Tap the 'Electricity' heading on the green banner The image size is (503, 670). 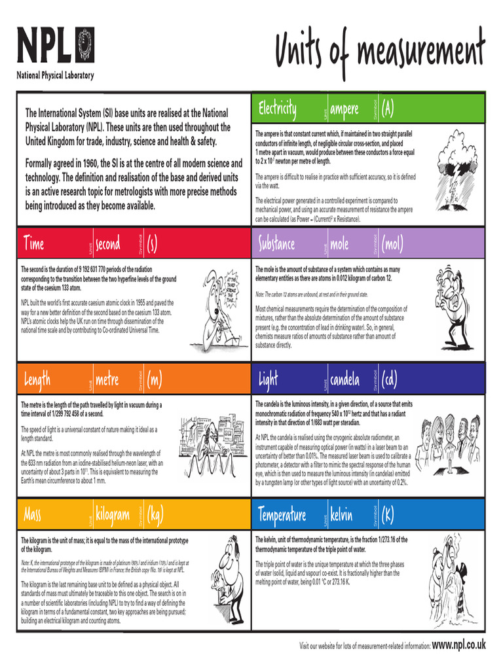click(x=277, y=108)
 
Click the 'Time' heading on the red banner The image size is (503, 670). click(x=33, y=244)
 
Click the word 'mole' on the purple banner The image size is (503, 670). click(x=339, y=244)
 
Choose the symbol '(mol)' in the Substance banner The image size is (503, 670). click(x=392, y=244)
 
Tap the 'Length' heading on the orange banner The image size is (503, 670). click(x=37, y=379)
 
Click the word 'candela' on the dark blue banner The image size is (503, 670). click(x=345, y=379)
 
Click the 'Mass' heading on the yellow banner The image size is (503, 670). click(x=33, y=515)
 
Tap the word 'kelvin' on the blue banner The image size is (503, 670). click(x=341, y=515)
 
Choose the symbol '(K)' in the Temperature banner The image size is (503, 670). click(x=387, y=515)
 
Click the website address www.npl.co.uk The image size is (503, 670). click(x=459, y=644)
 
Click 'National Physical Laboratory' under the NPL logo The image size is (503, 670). click(x=55, y=75)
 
